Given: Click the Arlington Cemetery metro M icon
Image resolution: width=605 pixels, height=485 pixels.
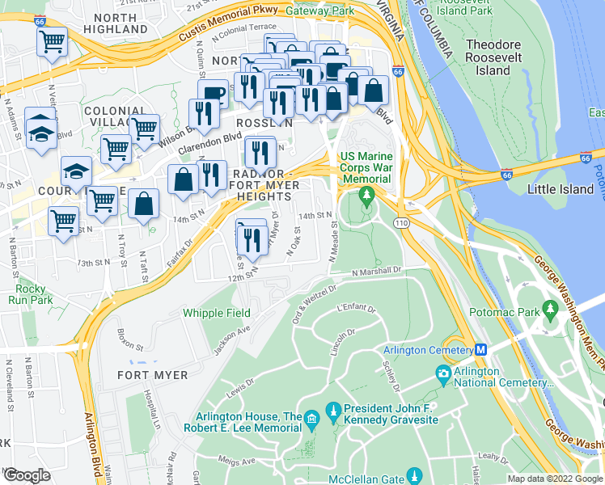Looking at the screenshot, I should point(480,350).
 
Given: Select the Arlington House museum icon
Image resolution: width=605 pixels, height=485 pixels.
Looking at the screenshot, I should point(312,419).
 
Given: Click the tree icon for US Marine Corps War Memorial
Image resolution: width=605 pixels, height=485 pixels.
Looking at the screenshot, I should point(366,195).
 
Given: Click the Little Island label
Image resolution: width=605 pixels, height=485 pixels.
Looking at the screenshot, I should point(561,189).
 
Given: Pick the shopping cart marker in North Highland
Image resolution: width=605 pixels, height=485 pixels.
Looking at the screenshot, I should point(53,42).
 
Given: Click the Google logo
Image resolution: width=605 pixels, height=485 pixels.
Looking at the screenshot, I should point(27,474).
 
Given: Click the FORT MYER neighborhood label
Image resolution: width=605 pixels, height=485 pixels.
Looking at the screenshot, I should point(152,375).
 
